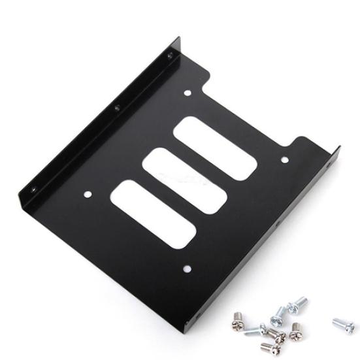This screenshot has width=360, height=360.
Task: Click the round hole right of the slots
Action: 284,157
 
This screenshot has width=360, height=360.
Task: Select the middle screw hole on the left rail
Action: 118,108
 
